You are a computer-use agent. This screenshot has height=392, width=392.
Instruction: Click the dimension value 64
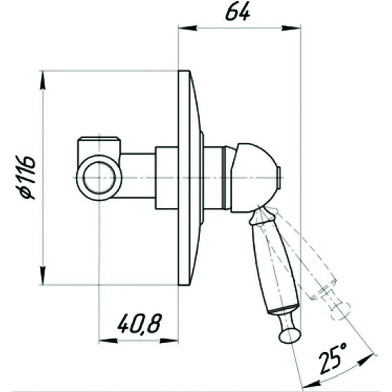coord(238,12)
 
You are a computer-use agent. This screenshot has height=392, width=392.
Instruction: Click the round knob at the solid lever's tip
coord(289,336)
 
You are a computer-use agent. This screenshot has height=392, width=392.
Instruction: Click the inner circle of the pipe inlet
coord(100,178)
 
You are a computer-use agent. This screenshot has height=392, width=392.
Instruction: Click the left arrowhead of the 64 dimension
coord(187,28)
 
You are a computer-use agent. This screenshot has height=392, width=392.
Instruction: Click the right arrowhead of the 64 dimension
coord(292,28)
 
